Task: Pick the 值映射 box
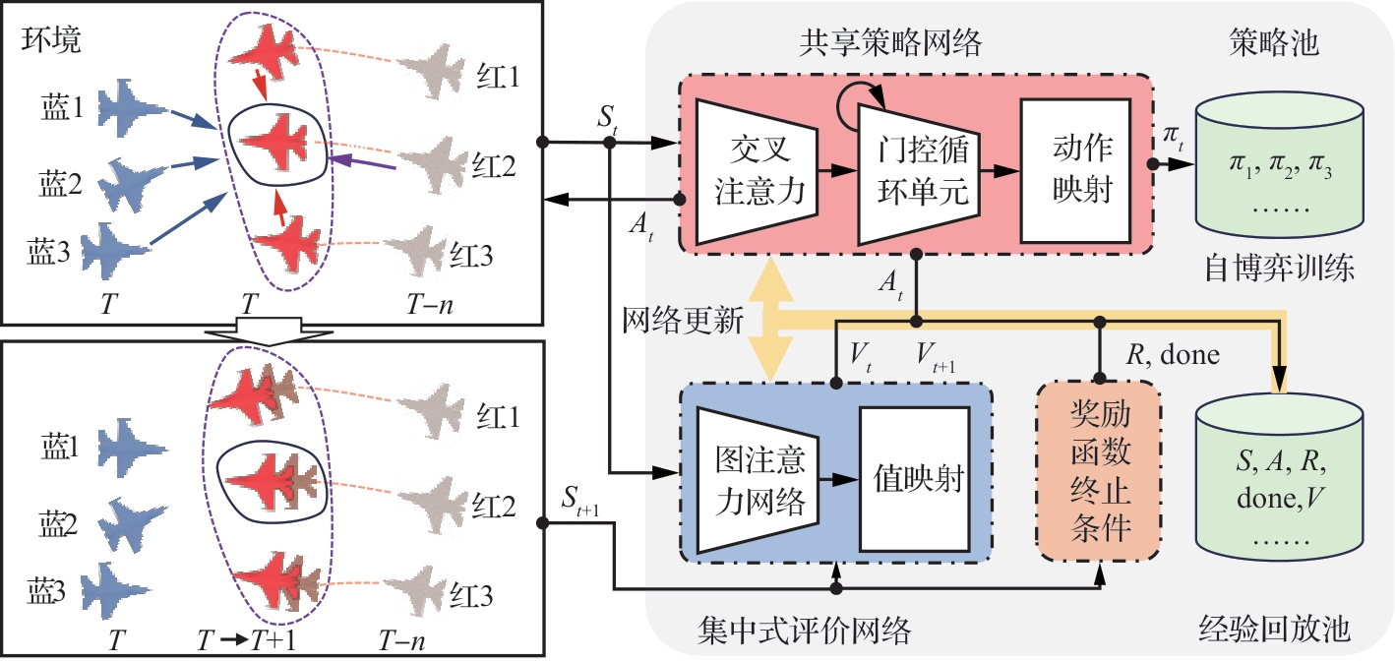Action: point(916,479)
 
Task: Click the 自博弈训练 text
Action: point(1279,268)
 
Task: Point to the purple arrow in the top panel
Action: point(364,163)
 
